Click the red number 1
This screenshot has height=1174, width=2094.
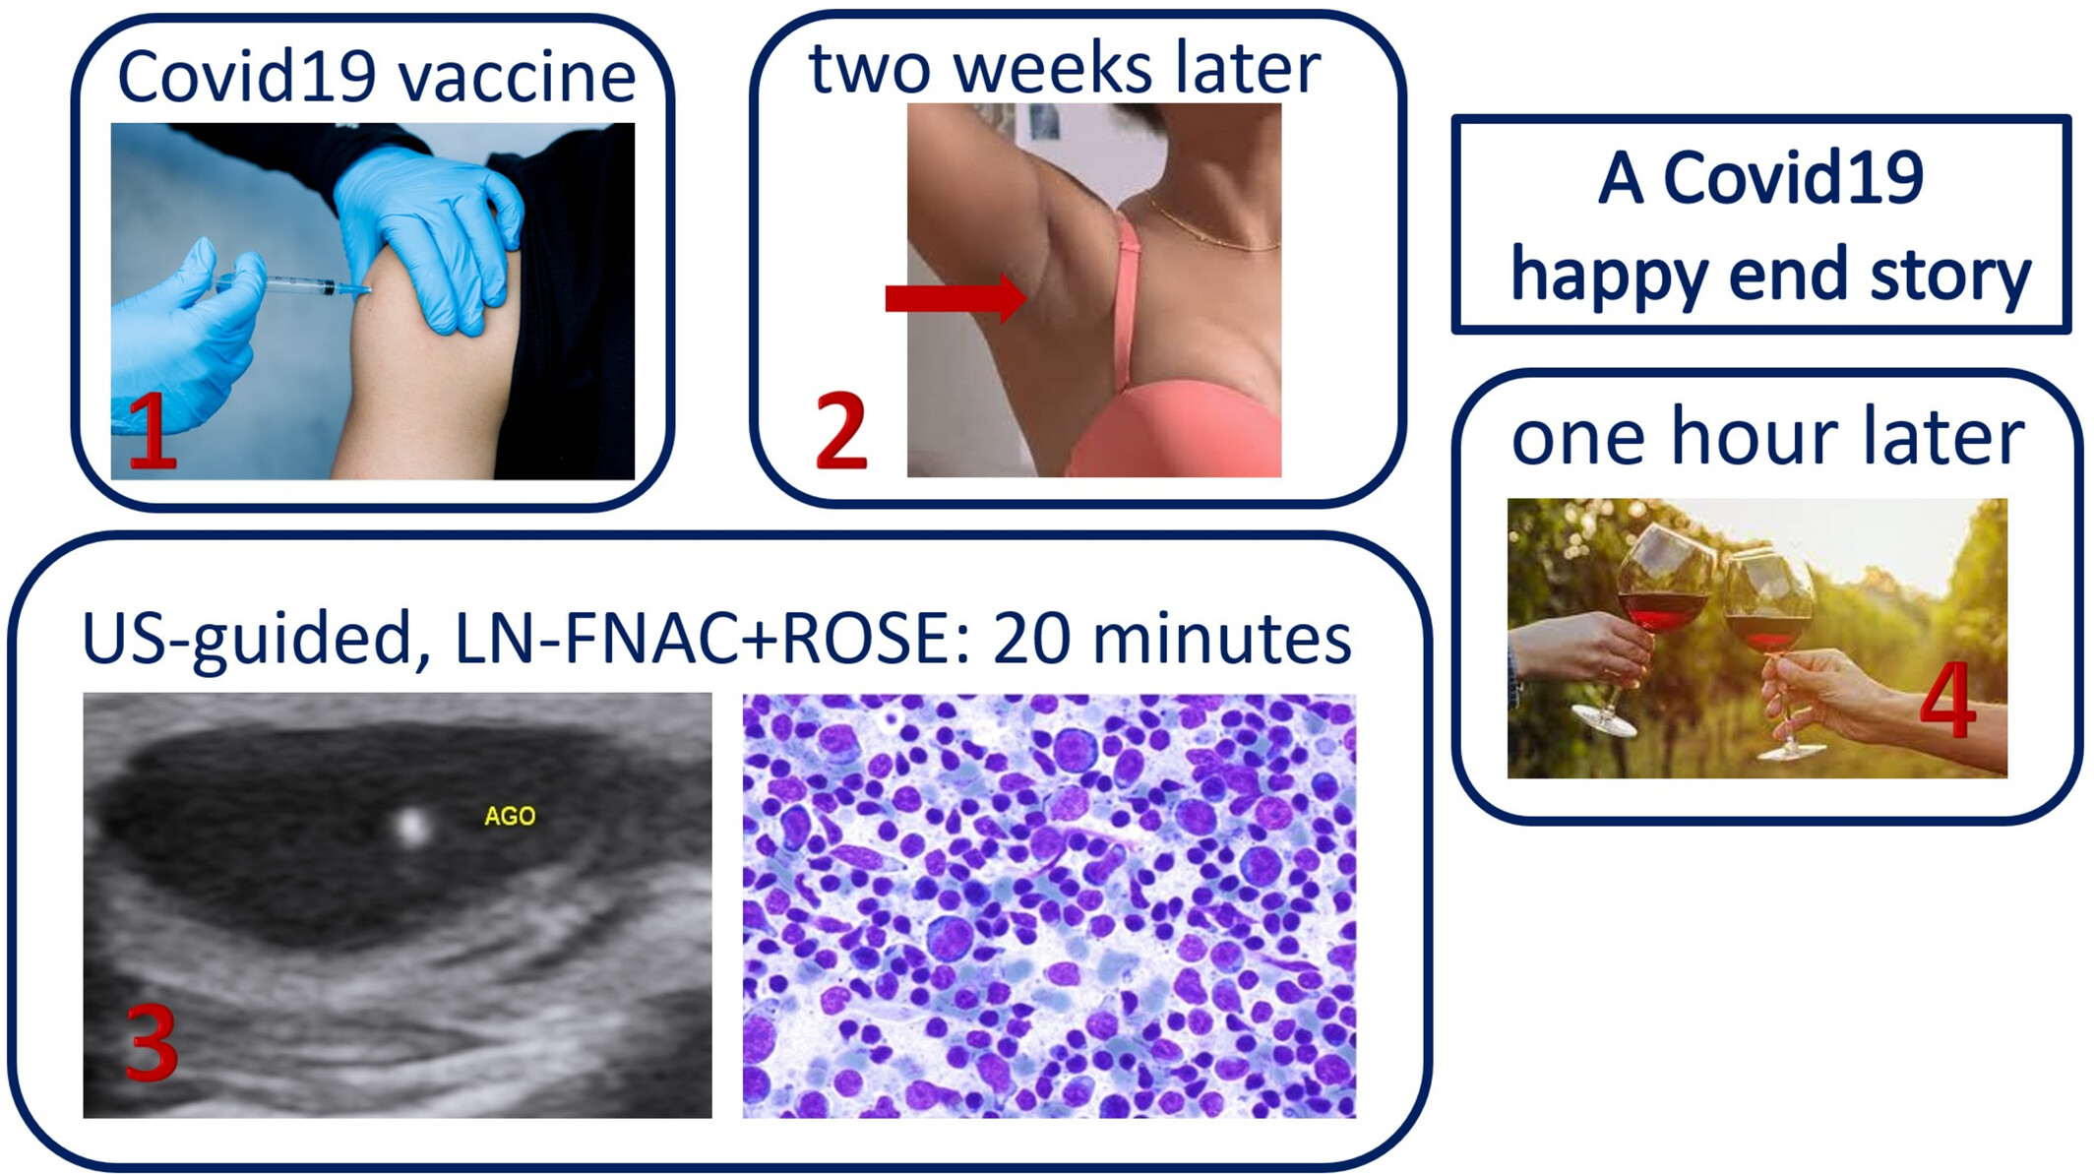point(153,430)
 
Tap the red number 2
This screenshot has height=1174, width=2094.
point(841,430)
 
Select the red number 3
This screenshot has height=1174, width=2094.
point(152,1043)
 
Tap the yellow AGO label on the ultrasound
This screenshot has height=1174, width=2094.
point(510,816)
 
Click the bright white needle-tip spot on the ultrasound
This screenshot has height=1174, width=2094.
point(411,826)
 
